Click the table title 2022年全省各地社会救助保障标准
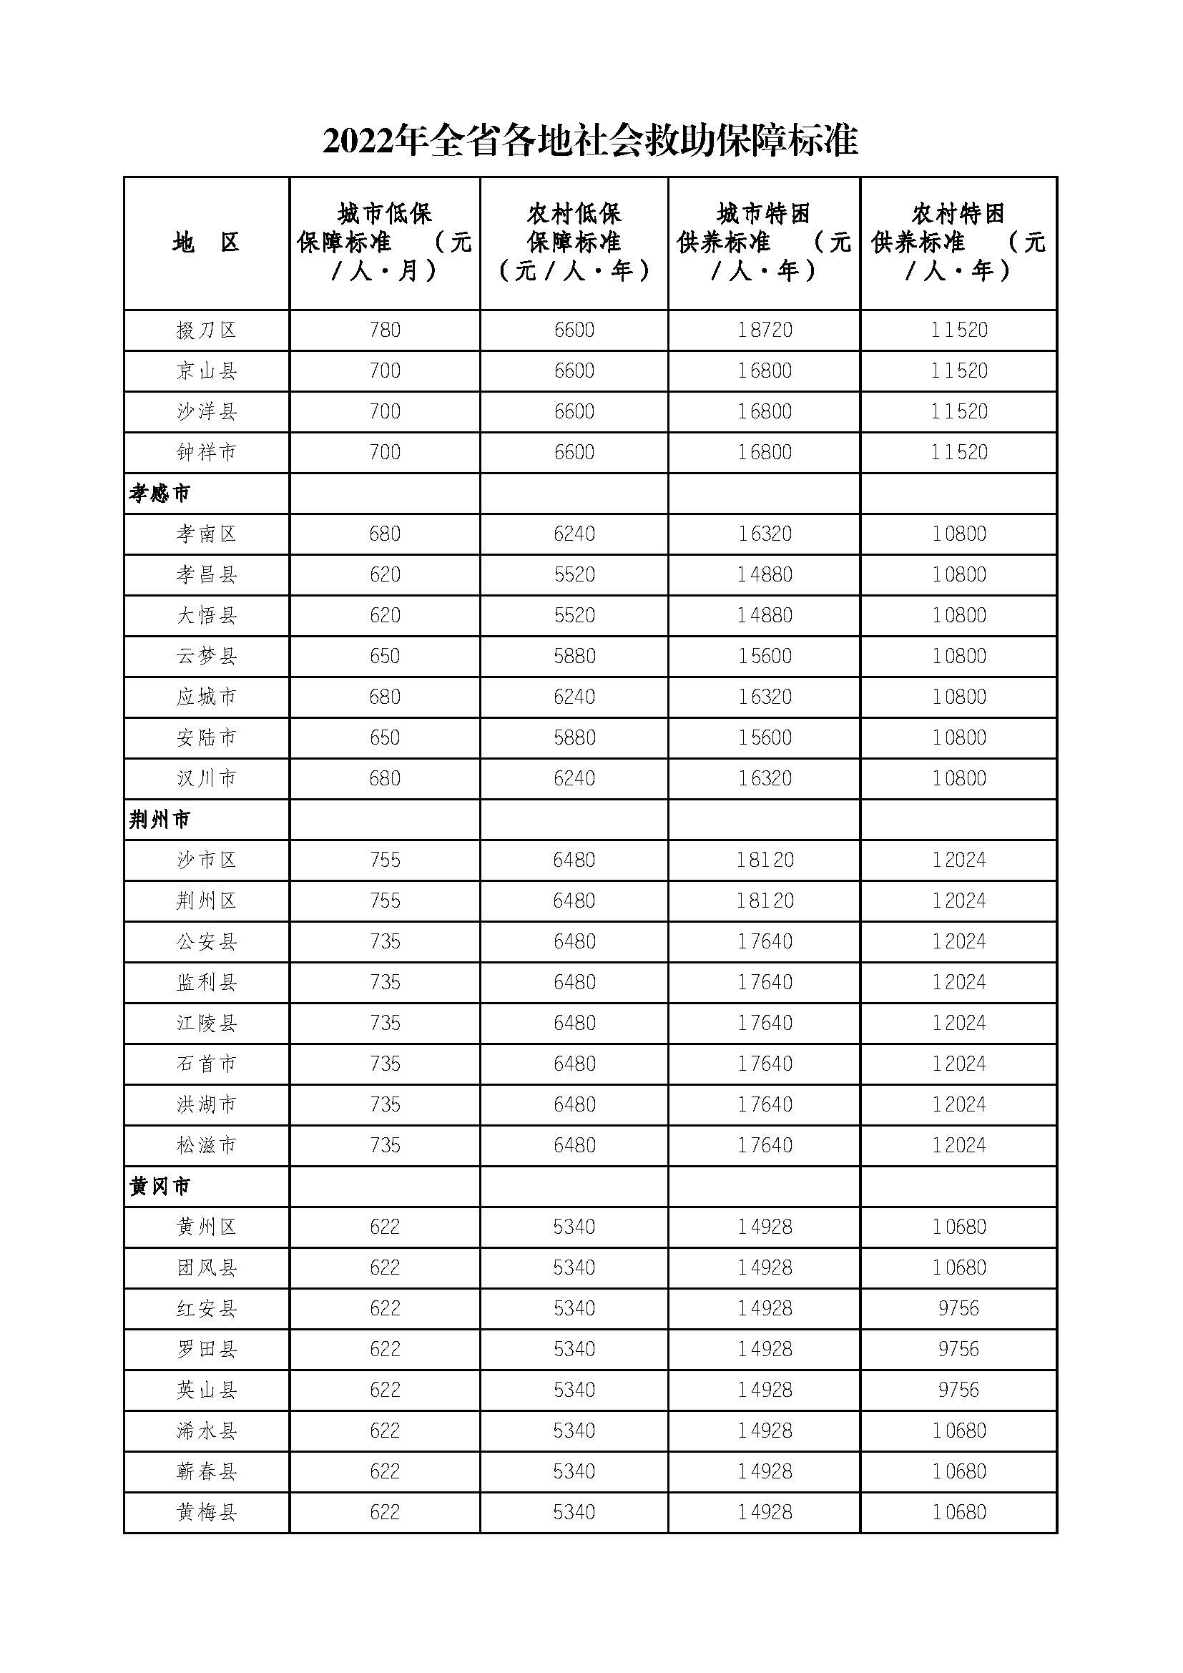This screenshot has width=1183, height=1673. pyautogui.click(x=590, y=140)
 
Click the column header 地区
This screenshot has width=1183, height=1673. pyautogui.click(x=206, y=242)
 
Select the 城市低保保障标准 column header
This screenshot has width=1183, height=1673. pyautogui.click(x=385, y=242)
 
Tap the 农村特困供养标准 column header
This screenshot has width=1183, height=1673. pyautogui.click(x=958, y=242)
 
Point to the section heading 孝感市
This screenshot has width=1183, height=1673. pyautogui.click(x=159, y=494)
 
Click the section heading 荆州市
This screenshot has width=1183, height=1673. pyautogui.click(x=159, y=820)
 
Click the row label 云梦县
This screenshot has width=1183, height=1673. pyautogui.click(x=206, y=657)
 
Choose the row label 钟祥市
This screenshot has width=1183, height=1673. pyautogui.click(x=206, y=453)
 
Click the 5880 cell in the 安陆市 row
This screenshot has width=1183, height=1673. pyautogui.click(x=574, y=738)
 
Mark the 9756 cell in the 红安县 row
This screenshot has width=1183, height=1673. pyautogui.click(x=958, y=1309)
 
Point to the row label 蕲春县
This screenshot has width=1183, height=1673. pyautogui.click(x=206, y=1472)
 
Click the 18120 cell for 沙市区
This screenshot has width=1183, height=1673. pyautogui.click(x=764, y=860)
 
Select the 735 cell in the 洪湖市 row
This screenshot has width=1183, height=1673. pyautogui.click(x=385, y=1104)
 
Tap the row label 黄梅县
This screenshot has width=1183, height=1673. pyautogui.click(x=206, y=1513)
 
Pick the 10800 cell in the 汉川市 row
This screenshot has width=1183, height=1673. pyautogui.click(x=958, y=779)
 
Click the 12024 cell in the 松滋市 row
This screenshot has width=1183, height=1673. pyautogui.click(x=958, y=1145)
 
